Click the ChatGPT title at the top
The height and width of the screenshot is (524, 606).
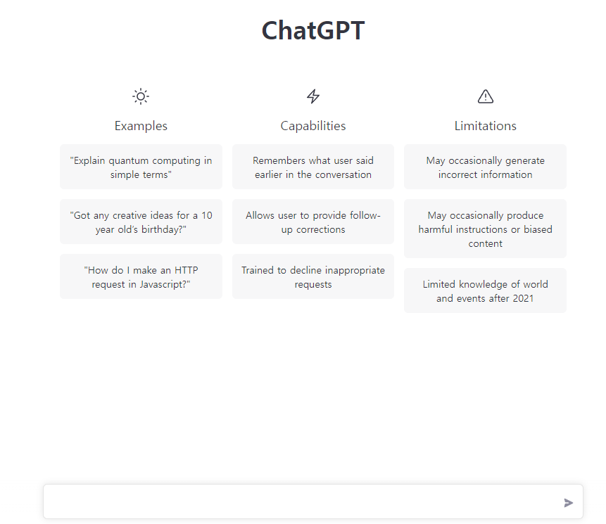[313, 31]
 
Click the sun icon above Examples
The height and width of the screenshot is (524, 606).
[141, 96]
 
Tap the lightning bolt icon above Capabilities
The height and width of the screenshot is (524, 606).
[313, 96]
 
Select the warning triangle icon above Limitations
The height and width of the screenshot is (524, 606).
[486, 96]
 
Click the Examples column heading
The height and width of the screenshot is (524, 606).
[141, 126]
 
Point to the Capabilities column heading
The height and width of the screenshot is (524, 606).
[313, 126]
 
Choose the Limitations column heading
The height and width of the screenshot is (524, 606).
[486, 126]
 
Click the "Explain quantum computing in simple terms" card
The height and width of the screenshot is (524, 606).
[141, 167]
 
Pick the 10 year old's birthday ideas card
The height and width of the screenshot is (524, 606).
[141, 222]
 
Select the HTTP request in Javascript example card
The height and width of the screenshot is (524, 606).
[141, 277]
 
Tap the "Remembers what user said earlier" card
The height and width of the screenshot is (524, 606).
[313, 167]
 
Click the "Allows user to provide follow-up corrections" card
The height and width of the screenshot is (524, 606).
[313, 222]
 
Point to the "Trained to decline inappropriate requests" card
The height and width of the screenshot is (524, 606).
[313, 277]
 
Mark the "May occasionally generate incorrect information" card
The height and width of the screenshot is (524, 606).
[486, 167]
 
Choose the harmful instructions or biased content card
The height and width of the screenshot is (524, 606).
[486, 229]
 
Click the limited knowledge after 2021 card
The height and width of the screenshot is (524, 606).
[486, 291]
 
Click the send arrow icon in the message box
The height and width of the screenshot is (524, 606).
[569, 503]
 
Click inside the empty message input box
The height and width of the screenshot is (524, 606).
[296, 502]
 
